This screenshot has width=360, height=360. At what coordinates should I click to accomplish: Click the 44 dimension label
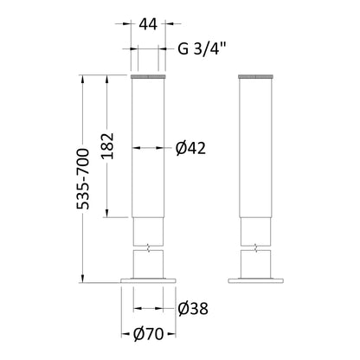(x=148, y=24)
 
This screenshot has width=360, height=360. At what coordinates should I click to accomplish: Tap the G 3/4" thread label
(x=201, y=49)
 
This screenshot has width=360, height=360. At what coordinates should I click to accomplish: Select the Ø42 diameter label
(x=190, y=148)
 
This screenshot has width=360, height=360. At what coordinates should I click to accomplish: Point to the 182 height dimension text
(x=108, y=146)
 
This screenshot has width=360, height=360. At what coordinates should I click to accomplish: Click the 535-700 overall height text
(x=83, y=179)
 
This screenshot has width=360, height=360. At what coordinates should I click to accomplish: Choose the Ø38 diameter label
(x=193, y=309)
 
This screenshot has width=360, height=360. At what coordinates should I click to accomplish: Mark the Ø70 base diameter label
(x=149, y=334)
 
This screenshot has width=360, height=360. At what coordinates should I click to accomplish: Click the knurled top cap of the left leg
(x=148, y=76)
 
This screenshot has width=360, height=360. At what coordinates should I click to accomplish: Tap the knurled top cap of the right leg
(x=255, y=76)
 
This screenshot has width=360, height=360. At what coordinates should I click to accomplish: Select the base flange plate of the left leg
(x=148, y=280)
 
